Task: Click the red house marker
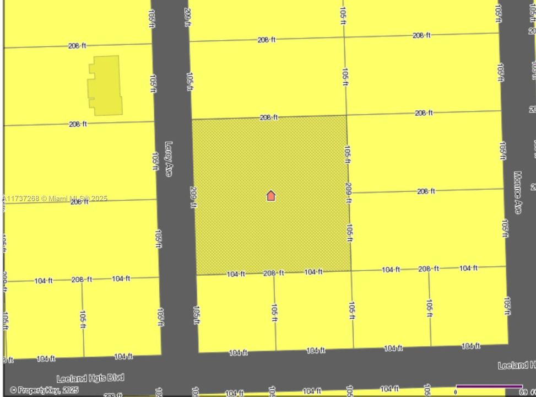(270, 196)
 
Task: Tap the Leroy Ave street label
(169, 159)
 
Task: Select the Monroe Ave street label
(517, 192)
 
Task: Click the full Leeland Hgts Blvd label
(90, 378)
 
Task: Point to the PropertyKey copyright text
(44, 390)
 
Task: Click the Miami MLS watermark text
(55, 198)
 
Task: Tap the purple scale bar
(489, 386)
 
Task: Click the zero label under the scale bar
(456, 392)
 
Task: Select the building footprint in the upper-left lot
(105, 85)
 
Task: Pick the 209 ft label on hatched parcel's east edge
(348, 193)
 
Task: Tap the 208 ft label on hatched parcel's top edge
(268, 117)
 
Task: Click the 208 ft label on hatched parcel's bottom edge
(273, 273)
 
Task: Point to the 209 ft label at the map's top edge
(188, 17)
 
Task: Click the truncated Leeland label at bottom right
(516, 365)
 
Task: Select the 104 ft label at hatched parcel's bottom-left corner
(236, 274)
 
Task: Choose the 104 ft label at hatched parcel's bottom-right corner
(313, 272)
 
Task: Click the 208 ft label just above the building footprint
(77, 46)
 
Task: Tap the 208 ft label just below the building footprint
(78, 124)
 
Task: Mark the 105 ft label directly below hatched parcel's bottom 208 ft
(274, 312)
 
